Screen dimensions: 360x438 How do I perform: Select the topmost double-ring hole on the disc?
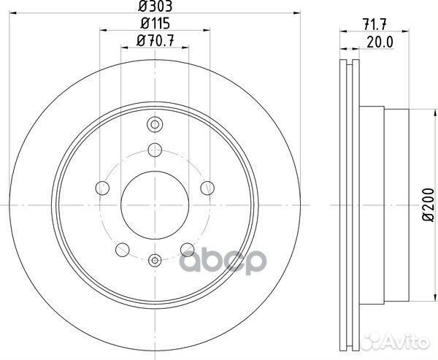tap(154, 123)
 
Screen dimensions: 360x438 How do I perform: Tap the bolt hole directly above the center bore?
tap(154, 150)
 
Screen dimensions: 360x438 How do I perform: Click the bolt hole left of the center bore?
tap(101, 188)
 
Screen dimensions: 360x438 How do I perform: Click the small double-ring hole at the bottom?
tap(154, 259)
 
